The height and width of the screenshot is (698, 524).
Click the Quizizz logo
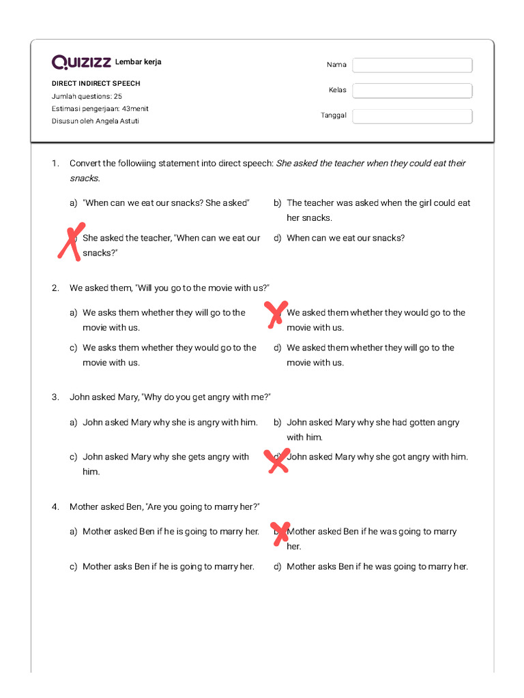coord(81,63)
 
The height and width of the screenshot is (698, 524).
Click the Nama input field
coord(412,65)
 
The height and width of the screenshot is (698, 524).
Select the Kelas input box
coord(412,91)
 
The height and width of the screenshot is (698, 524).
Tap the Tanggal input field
coord(412,117)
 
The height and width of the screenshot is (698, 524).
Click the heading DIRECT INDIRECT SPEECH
coord(96,83)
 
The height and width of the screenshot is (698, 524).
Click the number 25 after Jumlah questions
coord(118,96)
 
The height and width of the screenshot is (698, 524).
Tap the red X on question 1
coord(71,241)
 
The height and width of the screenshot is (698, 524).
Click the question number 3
coord(55,397)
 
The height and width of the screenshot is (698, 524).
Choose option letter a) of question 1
coord(73,203)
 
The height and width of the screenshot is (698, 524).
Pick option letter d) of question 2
coord(278,348)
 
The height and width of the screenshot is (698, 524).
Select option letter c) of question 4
coord(73,566)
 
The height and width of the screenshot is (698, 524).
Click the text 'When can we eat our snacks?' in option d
coord(345,238)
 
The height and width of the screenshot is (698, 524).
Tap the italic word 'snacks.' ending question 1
coord(85,179)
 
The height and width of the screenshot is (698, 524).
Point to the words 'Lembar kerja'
coord(139,62)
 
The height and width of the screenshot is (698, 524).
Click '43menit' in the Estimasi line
coord(135,108)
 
